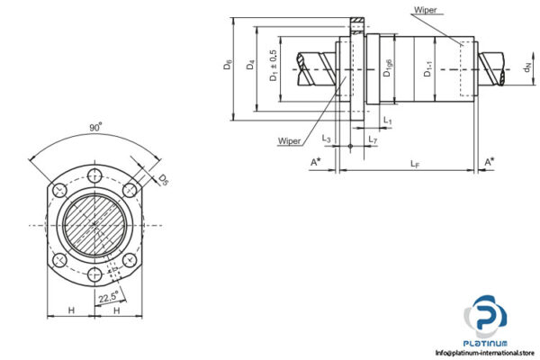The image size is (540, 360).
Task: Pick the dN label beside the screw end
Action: [526, 67]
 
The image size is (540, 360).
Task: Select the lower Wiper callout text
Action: [290, 141]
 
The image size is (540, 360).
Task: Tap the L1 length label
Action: [386, 120]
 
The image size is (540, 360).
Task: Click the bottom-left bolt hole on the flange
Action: [59, 260]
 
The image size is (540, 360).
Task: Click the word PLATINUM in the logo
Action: [490, 342]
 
